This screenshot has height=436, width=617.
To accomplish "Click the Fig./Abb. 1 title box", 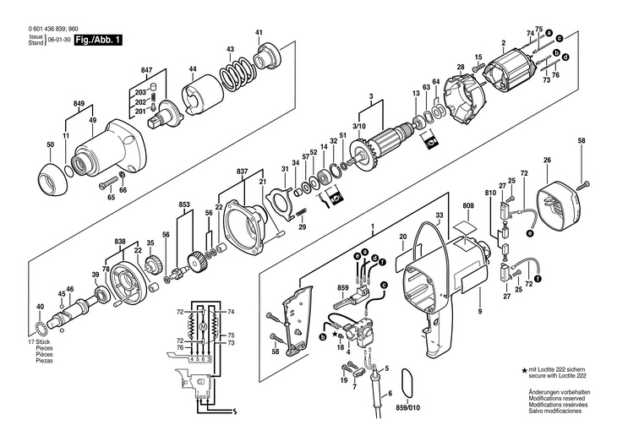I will (x=95, y=39).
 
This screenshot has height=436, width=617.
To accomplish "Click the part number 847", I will (x=146, y=68).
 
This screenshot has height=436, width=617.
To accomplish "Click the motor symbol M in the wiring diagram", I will (x=203, y=324).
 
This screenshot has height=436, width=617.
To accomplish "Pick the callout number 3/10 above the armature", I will (x=359, y=125).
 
